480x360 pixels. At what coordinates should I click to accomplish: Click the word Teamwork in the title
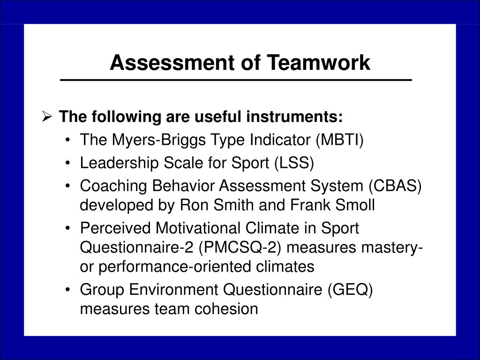pyautogui.click(x=318, y=62)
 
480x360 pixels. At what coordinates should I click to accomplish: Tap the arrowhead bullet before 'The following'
pyautogui.click(x=47, y=116)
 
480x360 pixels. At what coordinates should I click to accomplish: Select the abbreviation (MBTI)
pyautogui.click(x=339, y=140)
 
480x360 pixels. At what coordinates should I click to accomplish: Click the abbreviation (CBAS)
pyautogui.click(x=395, y=186)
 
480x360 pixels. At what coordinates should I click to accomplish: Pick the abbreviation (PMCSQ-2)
pyautogui.click(x=240, y=247)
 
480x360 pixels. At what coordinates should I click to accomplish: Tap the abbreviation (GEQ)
pyautogui.click(x=350, y=290)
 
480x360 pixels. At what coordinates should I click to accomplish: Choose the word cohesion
pyautogui.click(x=226, y=308)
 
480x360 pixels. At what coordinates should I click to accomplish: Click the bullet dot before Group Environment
pyautogui.click(x=68, y=290)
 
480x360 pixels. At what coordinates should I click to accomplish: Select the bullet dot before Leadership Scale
pyautogui.click(x=68, y=163)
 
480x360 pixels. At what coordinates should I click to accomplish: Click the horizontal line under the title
pyautogui.click(x=236, y=80)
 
